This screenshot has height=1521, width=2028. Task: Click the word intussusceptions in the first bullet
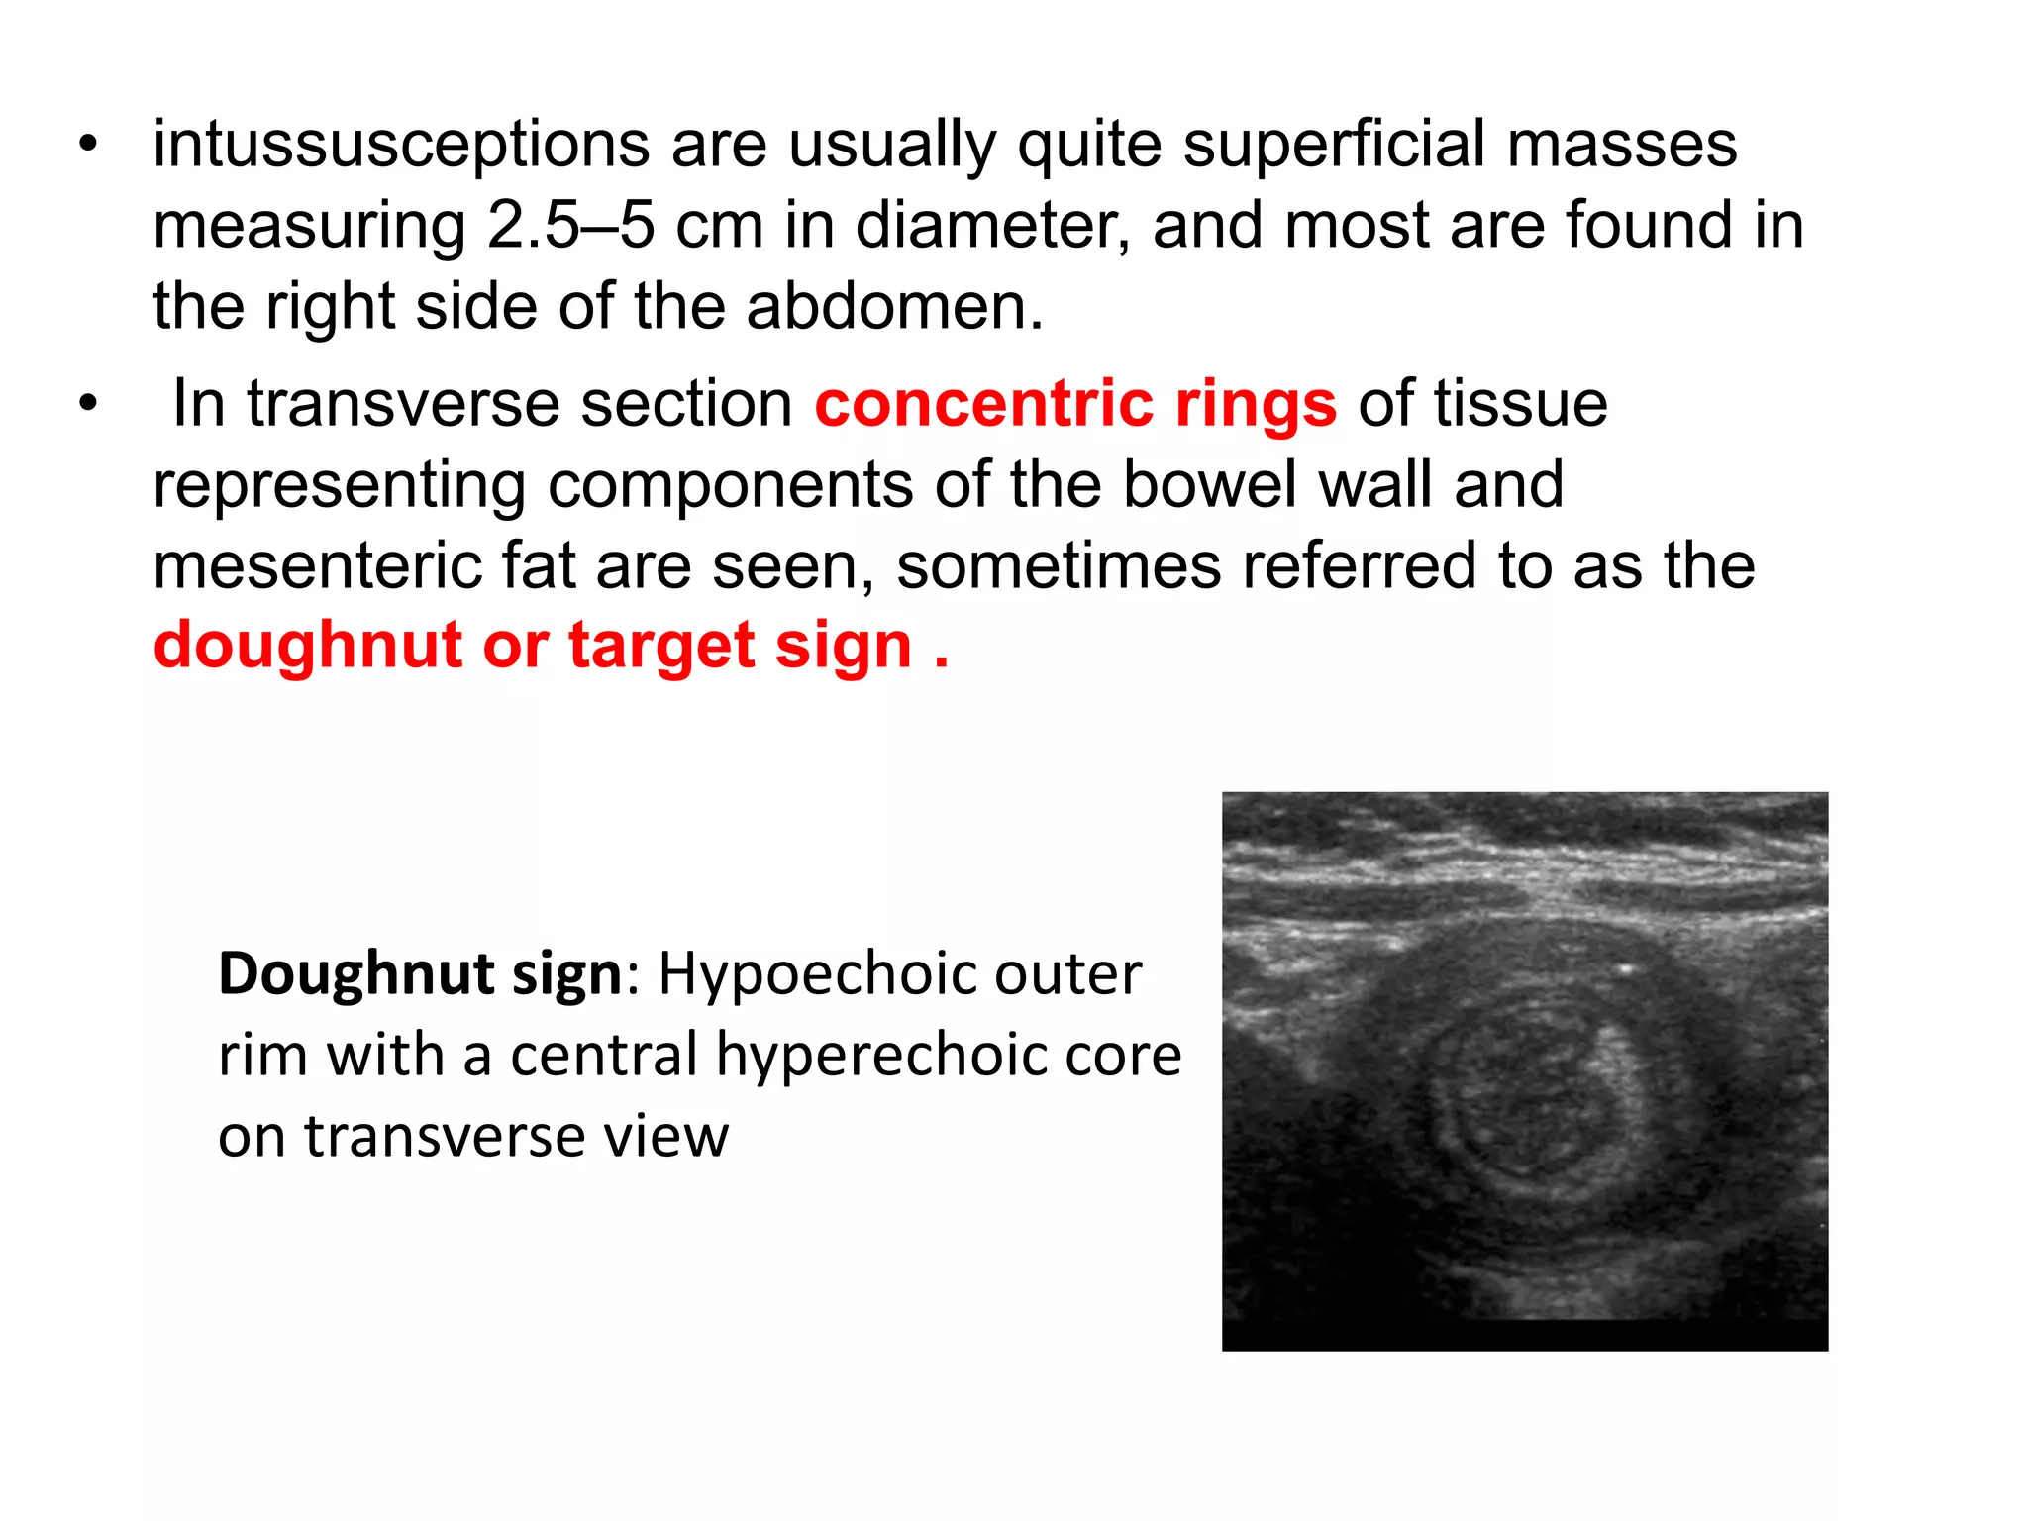pos(401,145)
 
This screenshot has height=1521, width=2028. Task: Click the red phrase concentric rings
pos(1075,404)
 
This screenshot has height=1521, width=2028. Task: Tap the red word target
pos(660,647)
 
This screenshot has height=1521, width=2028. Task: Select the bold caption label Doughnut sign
pos(420,974)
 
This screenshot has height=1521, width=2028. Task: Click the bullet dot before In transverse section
pos(89,404)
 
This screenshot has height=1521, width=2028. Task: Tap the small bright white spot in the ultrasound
pos(1625,969)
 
